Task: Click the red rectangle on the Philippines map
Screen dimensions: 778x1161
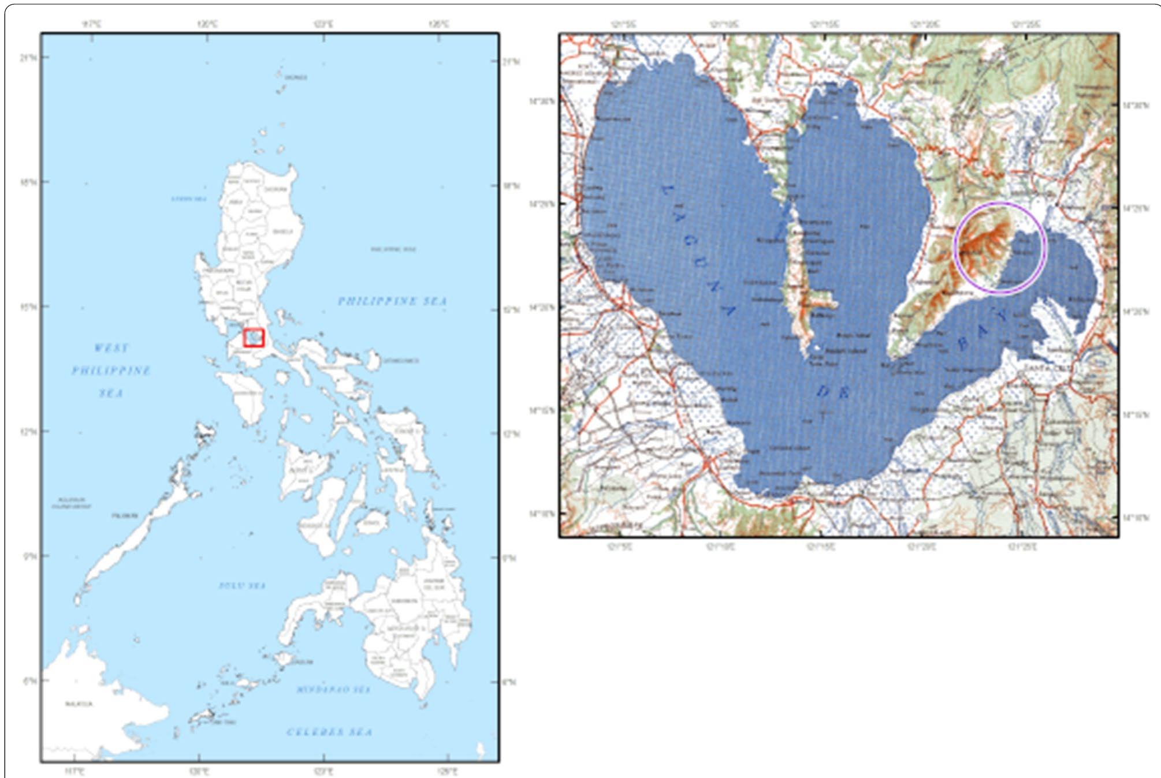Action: click(254, 338)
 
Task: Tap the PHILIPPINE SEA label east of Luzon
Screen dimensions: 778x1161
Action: click(392, 301)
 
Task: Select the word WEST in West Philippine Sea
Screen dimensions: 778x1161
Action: click(111, 347)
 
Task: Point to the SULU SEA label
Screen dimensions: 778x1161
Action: click(242, 585)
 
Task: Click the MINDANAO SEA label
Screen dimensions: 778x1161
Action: click(333, 689)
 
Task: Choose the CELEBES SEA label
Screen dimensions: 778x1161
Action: click(330, 732)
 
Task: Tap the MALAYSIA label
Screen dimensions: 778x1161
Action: click(79, 704)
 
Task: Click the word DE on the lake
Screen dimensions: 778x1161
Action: click(832, 392)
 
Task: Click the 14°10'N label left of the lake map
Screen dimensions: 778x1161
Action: click(542, 513)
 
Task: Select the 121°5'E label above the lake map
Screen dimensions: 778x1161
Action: click(623, 24)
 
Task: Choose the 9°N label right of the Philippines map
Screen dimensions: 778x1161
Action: click(509, 558)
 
